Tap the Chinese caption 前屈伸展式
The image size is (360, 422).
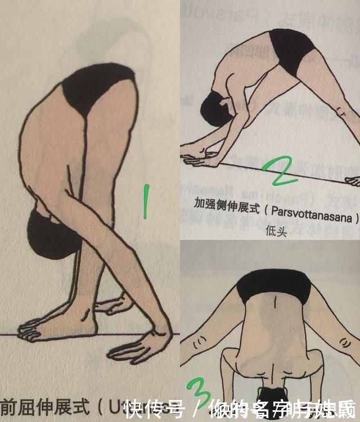42,406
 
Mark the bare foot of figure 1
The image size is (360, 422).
45,329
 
